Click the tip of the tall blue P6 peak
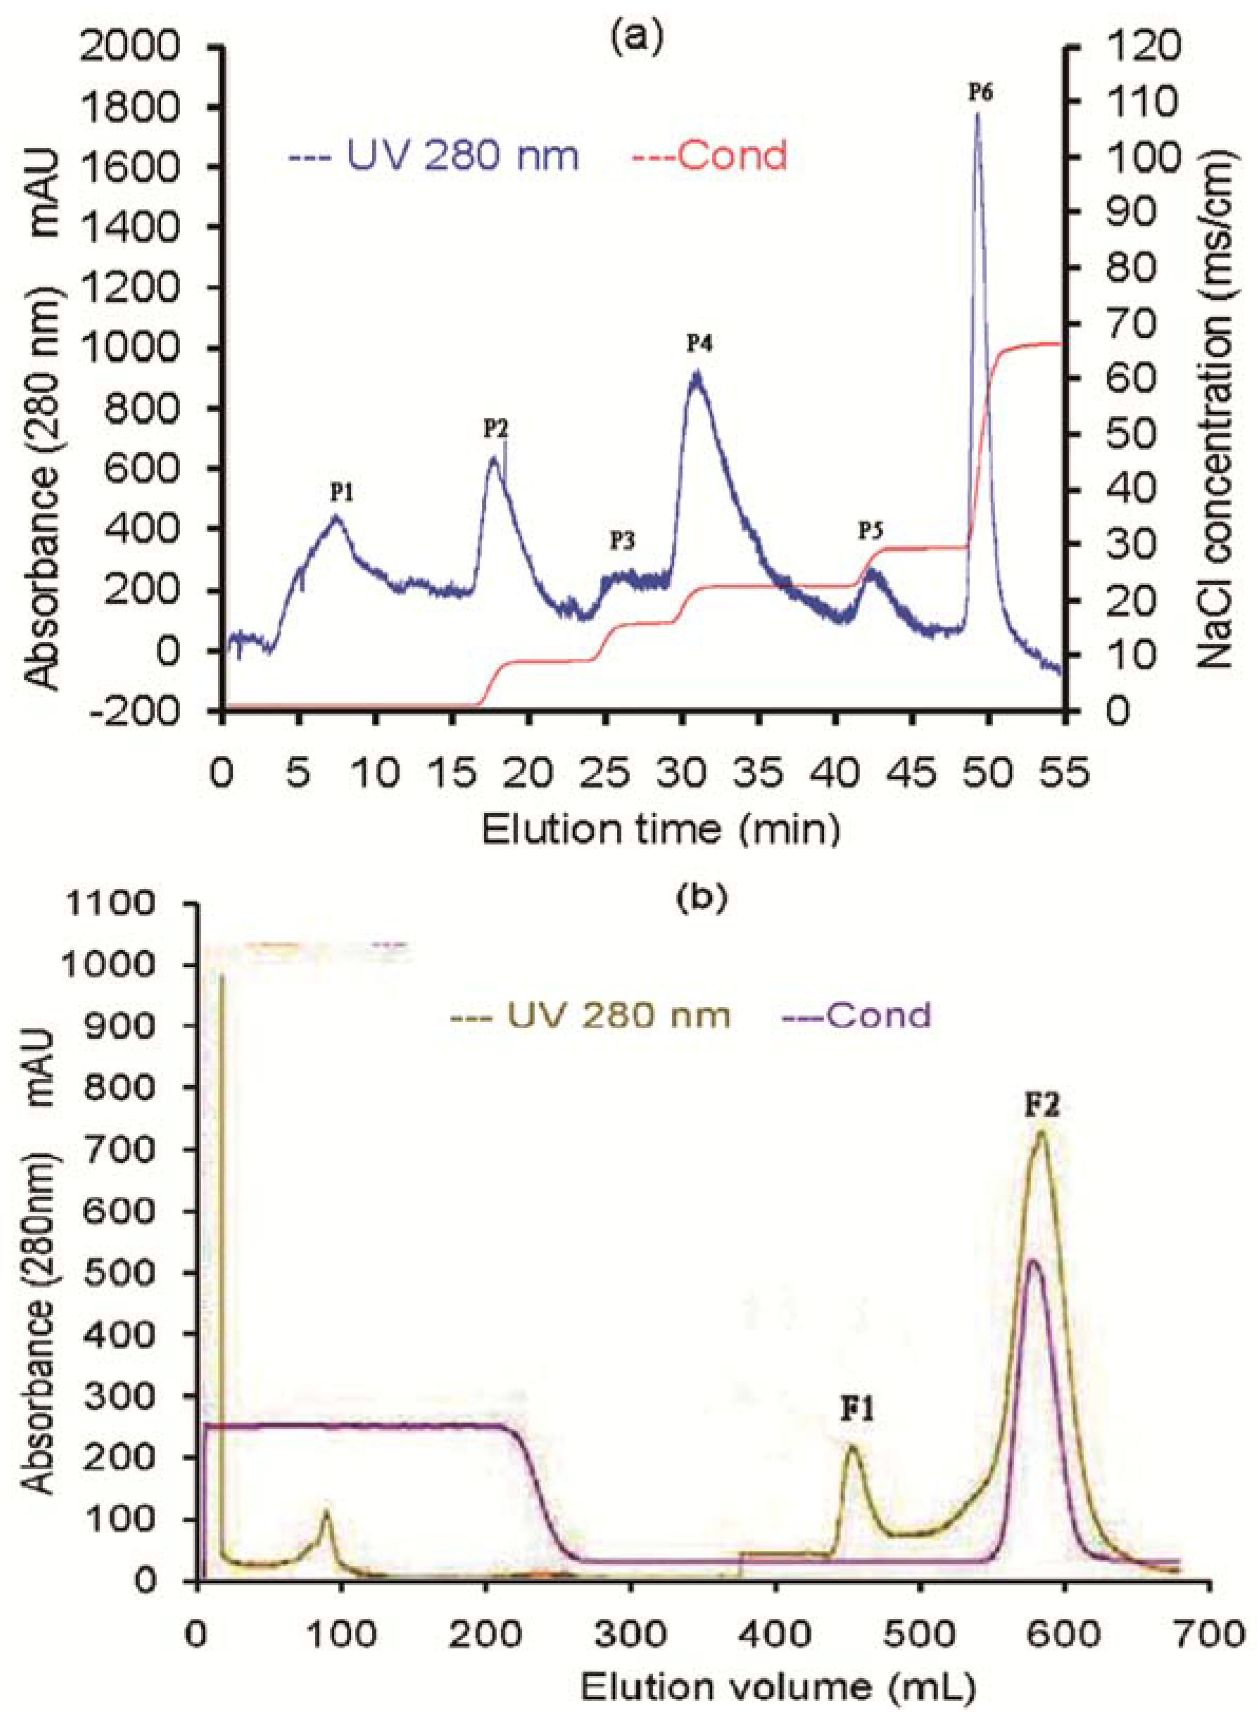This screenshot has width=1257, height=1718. tap(977, 113)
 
